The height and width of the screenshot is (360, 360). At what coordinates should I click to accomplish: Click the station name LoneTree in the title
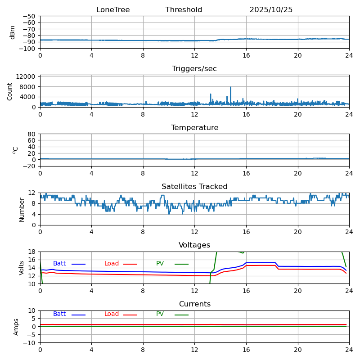(x=113, y=10)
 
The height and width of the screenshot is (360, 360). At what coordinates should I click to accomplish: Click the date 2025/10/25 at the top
(x=271, y=10)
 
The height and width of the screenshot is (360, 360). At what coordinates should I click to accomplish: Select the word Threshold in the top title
(x=184, y=10)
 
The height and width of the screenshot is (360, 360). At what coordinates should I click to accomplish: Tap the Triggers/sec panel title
(x=194, y=69)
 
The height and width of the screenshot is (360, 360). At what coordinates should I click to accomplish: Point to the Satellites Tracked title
(x=194, y=187)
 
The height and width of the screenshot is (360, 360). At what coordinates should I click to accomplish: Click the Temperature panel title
(x=194, y=128)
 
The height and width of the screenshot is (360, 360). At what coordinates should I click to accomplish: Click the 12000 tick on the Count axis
(x=27, y=77)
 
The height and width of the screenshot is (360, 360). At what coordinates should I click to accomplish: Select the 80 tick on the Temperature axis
(x=32, y=134)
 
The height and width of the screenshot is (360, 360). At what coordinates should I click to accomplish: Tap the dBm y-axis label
(x=13, y=32)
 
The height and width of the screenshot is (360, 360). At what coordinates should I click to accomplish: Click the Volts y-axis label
(x=22, y=268)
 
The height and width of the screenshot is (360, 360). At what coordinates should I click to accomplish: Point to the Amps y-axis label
(x=16, y=327)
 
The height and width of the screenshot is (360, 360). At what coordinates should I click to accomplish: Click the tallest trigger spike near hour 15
(x=231, y=87)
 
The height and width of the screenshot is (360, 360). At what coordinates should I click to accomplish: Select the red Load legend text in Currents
(x=112, y=314)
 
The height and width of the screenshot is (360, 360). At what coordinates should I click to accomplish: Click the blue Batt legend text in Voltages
(x=59, y=264)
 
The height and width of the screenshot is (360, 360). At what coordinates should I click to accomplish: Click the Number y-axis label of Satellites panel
(x=22, y=209)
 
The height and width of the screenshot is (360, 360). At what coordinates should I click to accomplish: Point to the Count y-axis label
(x=10, y=91)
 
